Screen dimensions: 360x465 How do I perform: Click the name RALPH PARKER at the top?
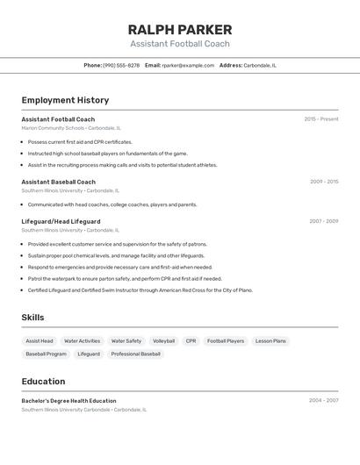pos(180,29)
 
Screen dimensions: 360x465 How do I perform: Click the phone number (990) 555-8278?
pos(121,65)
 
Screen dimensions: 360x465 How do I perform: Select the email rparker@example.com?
pos(188,65)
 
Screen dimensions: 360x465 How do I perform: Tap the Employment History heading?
pos(65,100)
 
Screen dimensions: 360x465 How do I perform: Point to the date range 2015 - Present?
pos(320,119)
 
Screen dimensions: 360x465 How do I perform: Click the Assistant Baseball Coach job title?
pos(59,182)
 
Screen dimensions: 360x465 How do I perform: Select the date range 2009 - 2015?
pos(323,182)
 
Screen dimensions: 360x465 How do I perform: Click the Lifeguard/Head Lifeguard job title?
pos(61,221)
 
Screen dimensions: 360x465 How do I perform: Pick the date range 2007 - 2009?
pos(323,221)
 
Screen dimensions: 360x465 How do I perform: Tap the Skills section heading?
pos(32,318)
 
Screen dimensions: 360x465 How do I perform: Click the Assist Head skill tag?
pos(40,341)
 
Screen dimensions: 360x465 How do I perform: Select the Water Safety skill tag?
pos(126,341)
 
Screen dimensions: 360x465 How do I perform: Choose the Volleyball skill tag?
pos(163,341)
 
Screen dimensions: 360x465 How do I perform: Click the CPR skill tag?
pos(191,341)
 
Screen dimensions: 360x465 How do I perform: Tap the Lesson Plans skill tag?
pos(270,341)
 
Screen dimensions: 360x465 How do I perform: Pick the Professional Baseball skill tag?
pos(136,354)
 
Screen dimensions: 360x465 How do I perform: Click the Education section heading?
pos(43,382)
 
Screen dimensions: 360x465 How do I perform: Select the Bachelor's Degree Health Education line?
pos(68,401)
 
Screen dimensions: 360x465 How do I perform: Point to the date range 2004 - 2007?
pos(323,401)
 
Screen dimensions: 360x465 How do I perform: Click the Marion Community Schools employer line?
pos(71,128)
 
